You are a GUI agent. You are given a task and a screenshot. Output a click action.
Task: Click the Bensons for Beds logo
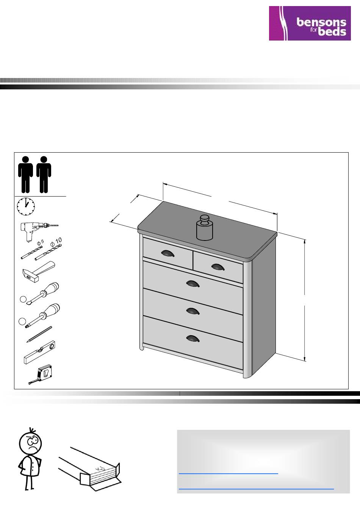[x=310, y=23]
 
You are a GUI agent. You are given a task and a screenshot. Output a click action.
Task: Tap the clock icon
[x=26, y=206]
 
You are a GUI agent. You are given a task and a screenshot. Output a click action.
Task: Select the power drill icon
[x=39, y=231]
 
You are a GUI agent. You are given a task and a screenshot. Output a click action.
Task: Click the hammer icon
[x=39, y=272]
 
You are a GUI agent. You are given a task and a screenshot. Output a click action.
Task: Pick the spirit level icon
[x=39, y=353]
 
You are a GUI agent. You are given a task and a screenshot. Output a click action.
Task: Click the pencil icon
[x=39, y=334]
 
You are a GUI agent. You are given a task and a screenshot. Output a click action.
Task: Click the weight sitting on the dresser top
[x=205, y=228]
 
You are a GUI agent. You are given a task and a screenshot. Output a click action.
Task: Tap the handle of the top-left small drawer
[x=168, y=253]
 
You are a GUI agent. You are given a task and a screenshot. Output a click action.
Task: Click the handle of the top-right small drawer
[x=218, y=267]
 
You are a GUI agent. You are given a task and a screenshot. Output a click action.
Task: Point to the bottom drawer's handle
[x=193, y=339]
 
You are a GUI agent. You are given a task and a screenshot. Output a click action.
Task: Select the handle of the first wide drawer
[x=193, y=284]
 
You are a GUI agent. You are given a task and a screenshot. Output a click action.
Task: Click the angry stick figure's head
[x=30, y=442]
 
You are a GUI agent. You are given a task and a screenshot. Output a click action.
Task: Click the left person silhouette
[x=25, y=175]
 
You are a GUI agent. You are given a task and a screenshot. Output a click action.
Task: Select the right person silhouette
[x=44, y=175]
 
